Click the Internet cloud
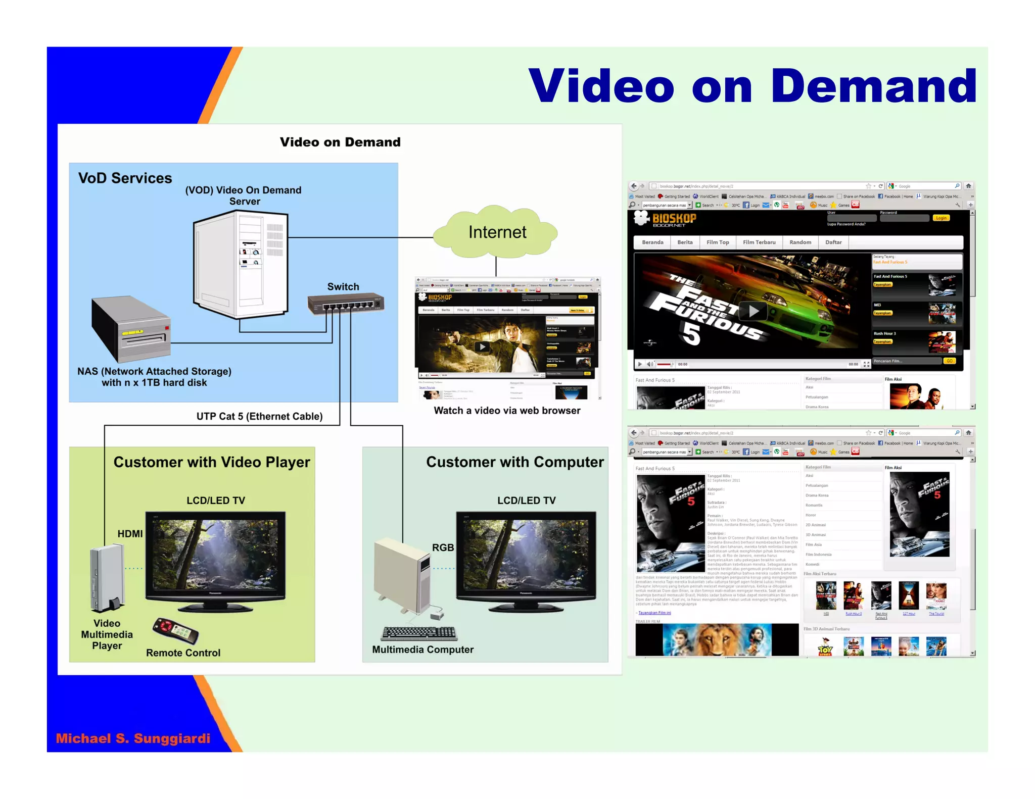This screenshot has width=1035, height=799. click(x=496, y=232)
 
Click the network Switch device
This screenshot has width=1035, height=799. click(x=346, y=304)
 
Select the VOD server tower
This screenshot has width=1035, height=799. click(x=241, y=264)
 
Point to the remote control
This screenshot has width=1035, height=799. click(x=175, y=630)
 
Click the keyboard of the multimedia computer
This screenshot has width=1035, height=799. click(x=419, y=633)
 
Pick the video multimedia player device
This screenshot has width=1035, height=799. click(x=107, y=578)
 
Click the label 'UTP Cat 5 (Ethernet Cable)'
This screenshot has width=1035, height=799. click(x=259, y=416)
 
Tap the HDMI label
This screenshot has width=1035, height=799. click(x=130, y=534)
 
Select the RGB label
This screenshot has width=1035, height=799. click(x=443, y=547)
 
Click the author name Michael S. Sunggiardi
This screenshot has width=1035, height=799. click(x=133, y=738)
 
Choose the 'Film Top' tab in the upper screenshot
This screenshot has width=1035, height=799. click(x=718, y=242)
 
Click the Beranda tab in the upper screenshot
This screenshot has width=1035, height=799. click(x=652, y=242)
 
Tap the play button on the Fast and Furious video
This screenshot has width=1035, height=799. click(x=753, y=311)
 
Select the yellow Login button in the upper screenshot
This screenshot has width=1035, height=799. click(x=941, y=218)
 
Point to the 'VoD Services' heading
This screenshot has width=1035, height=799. click(x=125, y=178)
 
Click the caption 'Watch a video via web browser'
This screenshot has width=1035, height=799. click(x=507, y=411)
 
